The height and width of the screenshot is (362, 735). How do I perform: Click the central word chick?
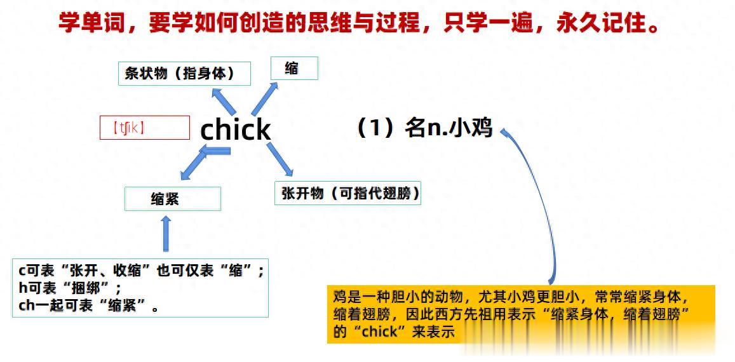236,130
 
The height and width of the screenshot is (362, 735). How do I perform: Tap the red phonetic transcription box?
145,128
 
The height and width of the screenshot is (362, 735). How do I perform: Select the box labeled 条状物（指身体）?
184,74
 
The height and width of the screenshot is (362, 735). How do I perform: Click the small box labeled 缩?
293,69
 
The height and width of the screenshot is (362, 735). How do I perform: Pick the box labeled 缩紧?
172,199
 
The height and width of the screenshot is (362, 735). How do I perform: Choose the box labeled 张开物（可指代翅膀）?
347,194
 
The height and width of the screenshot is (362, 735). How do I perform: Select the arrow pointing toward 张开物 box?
280,159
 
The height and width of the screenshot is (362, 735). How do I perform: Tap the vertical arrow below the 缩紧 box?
166,234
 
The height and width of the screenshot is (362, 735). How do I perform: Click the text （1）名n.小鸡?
424,128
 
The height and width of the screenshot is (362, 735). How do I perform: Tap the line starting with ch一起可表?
89,305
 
